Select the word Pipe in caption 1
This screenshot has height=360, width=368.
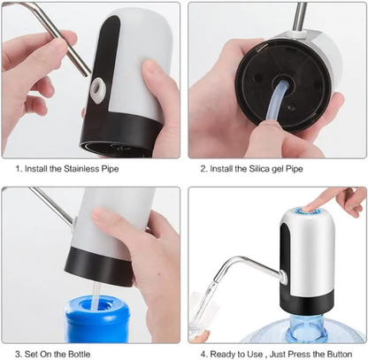[114, 167]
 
